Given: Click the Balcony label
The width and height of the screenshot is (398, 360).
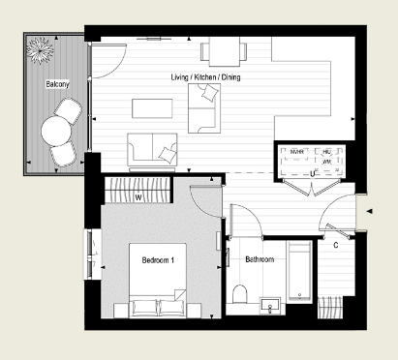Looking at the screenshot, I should coord(57,84).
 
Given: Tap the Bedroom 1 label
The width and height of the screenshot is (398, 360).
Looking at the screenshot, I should coord(158,260).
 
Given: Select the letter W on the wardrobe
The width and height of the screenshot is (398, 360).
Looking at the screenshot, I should coord(139,199).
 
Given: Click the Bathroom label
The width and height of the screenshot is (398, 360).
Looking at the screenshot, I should coord(260,260).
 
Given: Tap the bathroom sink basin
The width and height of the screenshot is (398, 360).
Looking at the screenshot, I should coord(271,306).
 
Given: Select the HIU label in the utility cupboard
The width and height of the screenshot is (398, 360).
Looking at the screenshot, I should coord(326,152).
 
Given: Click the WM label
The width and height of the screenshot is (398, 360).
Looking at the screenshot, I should coord(327,163).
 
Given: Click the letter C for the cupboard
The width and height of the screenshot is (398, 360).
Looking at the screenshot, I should coord(335,243).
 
